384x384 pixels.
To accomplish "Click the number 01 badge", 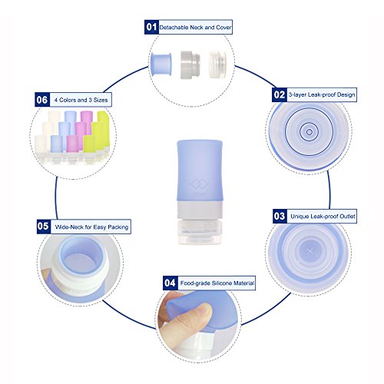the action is tap(151, 27).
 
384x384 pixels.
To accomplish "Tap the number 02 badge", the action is tap(280, 94).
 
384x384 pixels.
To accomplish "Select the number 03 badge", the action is tap(280, 216).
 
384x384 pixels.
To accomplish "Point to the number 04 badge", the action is tap(170, 283).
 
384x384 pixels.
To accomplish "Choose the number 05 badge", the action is tap(44, 227).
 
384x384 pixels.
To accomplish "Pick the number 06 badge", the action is tap(42, 100).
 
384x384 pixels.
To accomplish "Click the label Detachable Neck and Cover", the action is tap(195, 28).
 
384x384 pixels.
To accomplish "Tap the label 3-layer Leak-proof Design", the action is tap(322, 94).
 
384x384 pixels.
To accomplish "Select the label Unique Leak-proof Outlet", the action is tap(323, 217).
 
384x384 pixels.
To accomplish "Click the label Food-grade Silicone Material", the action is tap(217, 283).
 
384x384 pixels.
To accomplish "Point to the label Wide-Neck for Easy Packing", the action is tap(91, 227).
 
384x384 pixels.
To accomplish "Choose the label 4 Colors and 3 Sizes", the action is tap(81, 100).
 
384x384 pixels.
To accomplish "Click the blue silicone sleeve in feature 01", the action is tap(161, 65).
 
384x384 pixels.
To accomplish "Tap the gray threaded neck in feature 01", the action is tap(189, 65).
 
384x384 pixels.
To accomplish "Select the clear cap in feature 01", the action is tap(217, 65).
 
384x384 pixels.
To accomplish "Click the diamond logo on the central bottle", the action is tap(199, 184).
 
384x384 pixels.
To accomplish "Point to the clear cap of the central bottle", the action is tap(199, 231).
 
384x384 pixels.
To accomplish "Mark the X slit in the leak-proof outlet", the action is tap(310, 252).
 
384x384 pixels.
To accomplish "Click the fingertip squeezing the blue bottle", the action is tap(202, 310).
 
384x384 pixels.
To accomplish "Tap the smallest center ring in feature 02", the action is tap(309, 132).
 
